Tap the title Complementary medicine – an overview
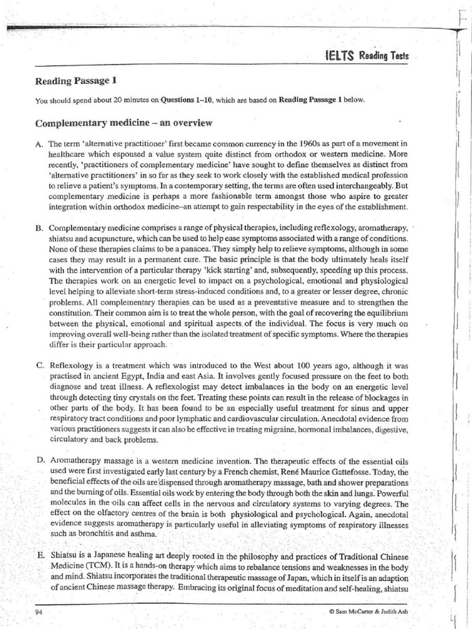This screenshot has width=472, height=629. coord(124,123)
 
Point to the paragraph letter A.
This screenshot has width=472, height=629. coord(39,143)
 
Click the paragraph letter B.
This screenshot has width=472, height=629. coord(39,228)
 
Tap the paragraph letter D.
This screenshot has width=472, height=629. coord(39,461)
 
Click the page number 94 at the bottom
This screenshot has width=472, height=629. coord(40,612)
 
